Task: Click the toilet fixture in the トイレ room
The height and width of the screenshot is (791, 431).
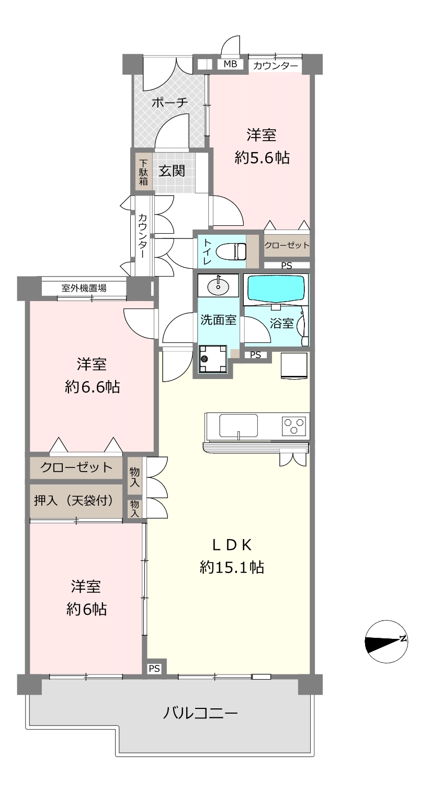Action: click(231, 251)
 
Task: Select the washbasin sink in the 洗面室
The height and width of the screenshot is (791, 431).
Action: click(218, 285)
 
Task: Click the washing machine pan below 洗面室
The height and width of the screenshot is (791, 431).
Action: click(213, 359)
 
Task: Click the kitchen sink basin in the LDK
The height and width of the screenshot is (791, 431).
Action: click(239, 426)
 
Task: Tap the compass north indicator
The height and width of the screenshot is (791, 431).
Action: click(386, 641)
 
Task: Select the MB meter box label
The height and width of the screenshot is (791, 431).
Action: click(230, 64)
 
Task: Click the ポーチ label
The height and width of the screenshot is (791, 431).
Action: click(169, 103)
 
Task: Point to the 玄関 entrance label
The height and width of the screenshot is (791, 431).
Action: click(172, 171)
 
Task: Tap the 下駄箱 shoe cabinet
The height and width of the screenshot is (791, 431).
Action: click(143, 173)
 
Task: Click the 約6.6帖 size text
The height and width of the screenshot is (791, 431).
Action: click(92, 387)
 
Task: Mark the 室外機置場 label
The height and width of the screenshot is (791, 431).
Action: click(84, 288)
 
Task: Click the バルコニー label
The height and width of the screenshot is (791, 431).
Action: click(200, 713)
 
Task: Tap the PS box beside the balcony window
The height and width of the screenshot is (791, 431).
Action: click(154, 669)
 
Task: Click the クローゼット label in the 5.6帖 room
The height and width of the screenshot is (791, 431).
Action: click(287, 245)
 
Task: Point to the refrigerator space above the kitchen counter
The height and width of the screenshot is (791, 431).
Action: click(294, 366)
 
